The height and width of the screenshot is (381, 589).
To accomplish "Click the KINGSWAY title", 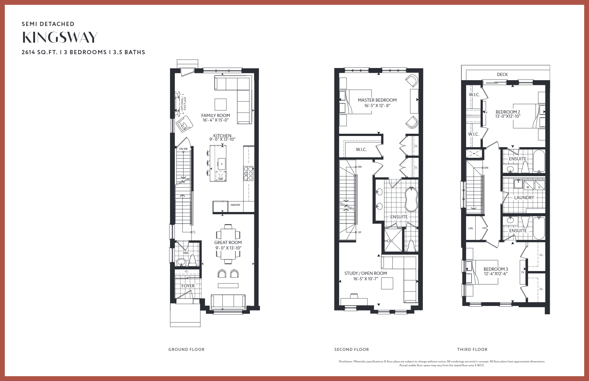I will point(60,38).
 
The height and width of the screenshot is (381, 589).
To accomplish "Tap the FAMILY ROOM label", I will point(216,115).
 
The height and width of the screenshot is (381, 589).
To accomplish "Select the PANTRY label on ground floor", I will point(235,205).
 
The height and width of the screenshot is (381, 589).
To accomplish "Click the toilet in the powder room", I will point(192,261).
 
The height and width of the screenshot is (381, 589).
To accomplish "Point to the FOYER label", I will point(188,286).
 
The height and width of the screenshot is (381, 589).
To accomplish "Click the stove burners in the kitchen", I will point(248,173).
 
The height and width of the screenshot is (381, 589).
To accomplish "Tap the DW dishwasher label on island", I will point(220,179).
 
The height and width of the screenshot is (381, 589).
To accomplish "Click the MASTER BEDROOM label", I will point(377,100).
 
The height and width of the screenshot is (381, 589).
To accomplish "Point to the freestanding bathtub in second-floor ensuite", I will point(411,199).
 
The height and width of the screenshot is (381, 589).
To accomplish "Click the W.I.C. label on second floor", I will point(361,149).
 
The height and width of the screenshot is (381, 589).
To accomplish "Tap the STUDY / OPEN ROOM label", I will point(366,273).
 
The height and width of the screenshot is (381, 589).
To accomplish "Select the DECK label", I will point(502,74).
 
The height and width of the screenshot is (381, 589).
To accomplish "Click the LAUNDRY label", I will point(524,198).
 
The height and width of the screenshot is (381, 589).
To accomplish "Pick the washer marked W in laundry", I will point(528,185).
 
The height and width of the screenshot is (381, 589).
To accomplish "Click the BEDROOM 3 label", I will point(496,269).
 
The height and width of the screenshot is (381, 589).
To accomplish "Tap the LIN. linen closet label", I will point(471,228).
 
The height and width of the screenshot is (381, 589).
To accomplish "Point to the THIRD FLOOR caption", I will point(472,349).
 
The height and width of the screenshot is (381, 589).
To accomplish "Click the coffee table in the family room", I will point(220,105).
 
